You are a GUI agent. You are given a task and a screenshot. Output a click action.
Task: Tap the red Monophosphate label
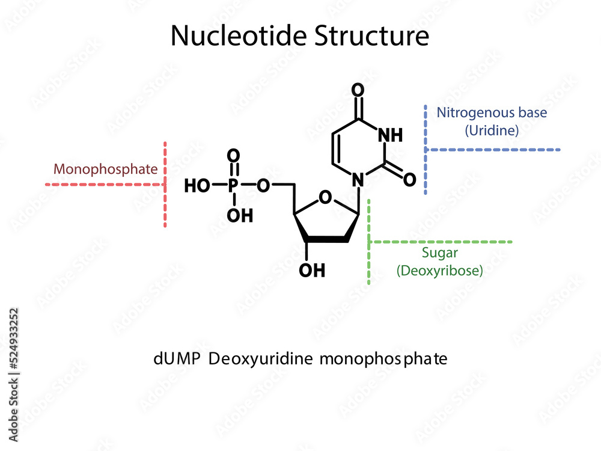[x=106, y=169]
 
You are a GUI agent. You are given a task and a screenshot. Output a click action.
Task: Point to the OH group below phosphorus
[x=240, y=215]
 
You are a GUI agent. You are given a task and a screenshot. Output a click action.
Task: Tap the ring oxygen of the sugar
[x=325, y=197]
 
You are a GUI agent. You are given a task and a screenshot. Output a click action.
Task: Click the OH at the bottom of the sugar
[x=312, y=271]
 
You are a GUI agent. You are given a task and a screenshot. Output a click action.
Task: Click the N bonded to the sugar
[x=358, y=179]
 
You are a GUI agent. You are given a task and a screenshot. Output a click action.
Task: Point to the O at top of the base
[x=358, y=91]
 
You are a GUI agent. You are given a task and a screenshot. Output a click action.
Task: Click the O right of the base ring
[x=410, y=179]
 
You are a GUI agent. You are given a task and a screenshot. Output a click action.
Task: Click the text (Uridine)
[x=492, y=130]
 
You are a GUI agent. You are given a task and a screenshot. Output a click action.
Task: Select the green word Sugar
[x=439, y=253]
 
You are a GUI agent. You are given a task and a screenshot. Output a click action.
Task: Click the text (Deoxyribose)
[x=439, y=271]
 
